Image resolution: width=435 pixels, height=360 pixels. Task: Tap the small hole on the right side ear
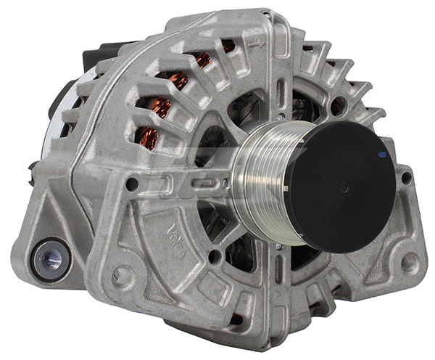click(407, 177)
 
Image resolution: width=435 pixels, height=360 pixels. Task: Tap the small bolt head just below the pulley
click(278, 247)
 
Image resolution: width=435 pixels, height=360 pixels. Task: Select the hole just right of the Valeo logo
click(214, 255)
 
